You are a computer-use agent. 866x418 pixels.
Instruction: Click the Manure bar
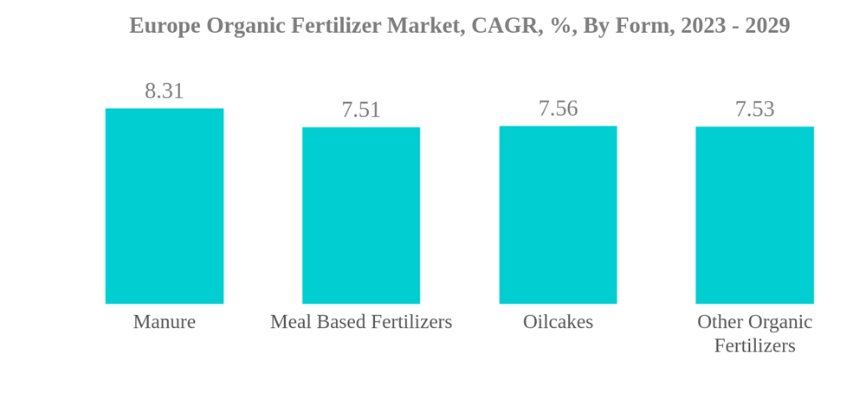[165, 206]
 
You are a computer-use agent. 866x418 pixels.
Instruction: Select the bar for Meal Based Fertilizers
[361, 215]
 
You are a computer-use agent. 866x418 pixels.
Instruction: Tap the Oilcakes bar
[558, 215]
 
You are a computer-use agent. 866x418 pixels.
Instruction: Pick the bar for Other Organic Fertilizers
[754, 215]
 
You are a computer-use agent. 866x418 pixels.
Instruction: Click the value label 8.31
[165, 91]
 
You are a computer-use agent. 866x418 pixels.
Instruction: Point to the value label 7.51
[361, 110]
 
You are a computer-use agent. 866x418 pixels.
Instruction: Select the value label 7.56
[558, 109]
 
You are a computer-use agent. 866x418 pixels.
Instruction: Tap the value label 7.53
[754, 110]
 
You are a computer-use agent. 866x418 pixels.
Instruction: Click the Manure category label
[165, 322]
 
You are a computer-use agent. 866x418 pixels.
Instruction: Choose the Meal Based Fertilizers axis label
[361, 322]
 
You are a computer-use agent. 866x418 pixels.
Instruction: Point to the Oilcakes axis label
[558, 322]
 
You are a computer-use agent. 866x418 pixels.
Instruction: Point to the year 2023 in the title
[703, 26]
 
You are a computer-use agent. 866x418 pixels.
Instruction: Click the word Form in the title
[643, 26]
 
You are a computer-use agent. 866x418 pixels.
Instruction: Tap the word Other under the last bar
[721, 322]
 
